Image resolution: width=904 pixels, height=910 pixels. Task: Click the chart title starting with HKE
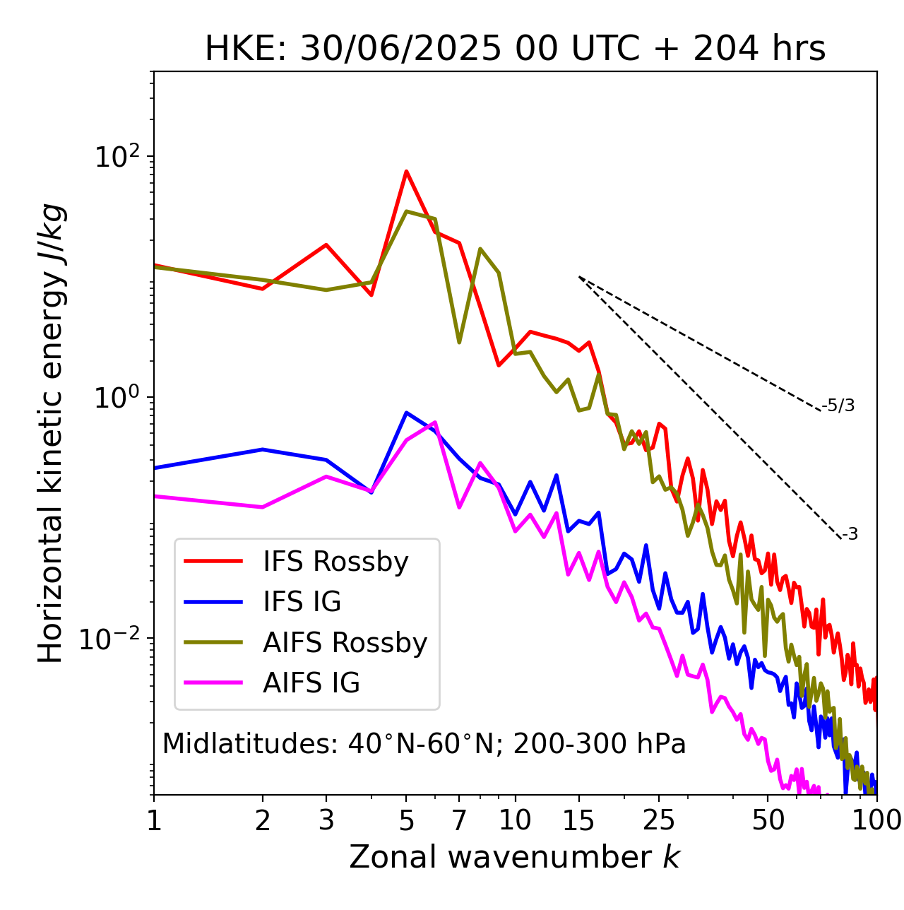(x=515, y=49)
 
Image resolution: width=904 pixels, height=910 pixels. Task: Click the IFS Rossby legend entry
(x=335, y=562)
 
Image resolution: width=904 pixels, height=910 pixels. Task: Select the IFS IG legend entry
(x=302, y=602)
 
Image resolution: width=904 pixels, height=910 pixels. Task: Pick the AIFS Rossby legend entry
(x=345, y=643)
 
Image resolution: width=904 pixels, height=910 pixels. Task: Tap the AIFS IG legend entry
(x=311, y=683)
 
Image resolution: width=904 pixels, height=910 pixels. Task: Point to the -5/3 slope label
(x=838, y=406)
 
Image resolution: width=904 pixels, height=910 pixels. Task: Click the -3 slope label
(x=850, y=535)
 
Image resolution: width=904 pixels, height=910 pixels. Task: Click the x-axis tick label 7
(x=459, y=820)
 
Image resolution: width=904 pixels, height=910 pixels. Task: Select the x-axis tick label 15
(x=579, y=820)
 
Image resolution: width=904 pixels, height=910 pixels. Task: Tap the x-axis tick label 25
(x=659, y=820)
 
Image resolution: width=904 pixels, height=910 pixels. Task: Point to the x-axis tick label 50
(x=768, y=820)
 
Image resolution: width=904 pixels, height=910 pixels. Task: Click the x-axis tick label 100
(x=876, y=820)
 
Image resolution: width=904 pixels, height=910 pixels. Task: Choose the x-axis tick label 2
(x=263, y=820)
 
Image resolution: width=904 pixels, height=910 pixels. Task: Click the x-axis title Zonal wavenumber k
(x=515, y=857)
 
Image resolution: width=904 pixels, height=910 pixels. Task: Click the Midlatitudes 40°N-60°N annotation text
(x=424, y=744)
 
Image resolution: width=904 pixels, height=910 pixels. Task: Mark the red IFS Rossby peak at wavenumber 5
(x=406, y=171)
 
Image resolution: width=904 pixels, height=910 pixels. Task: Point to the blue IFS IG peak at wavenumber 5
(x=406, y=413)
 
